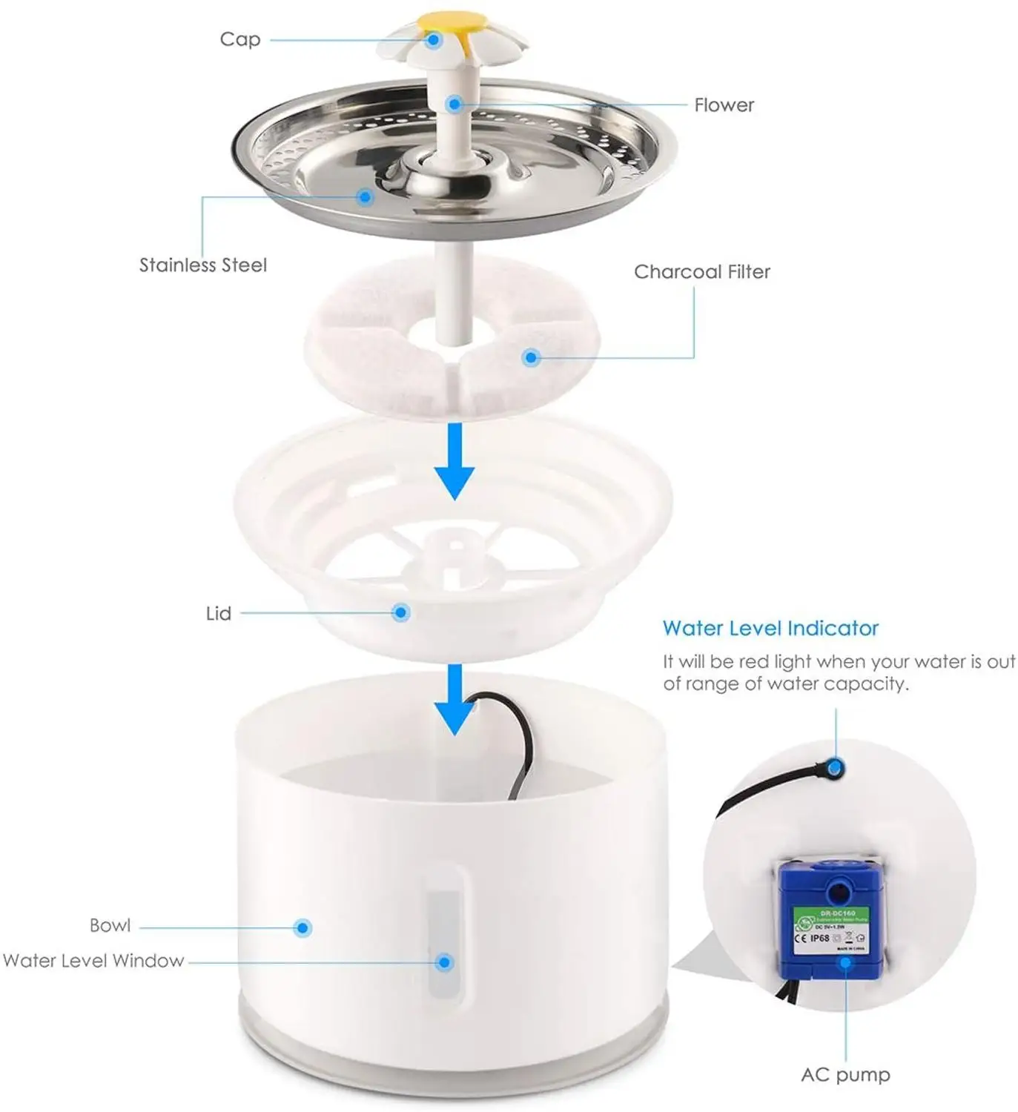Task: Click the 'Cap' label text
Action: [239, 39]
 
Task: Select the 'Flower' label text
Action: [724, 105]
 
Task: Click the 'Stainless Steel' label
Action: [202, 265]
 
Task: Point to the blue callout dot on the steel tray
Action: [364, 196]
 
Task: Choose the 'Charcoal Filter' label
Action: [701, 272]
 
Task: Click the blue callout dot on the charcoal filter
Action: [530, 357]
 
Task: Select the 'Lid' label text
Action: [218, 614]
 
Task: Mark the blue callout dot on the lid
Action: [401, 612]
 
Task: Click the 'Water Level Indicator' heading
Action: [770, 629]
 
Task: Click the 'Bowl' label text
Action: [110, 926]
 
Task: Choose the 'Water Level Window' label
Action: [93, 961]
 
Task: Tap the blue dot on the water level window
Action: [444, 962]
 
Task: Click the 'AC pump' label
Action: [845, 1075]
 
